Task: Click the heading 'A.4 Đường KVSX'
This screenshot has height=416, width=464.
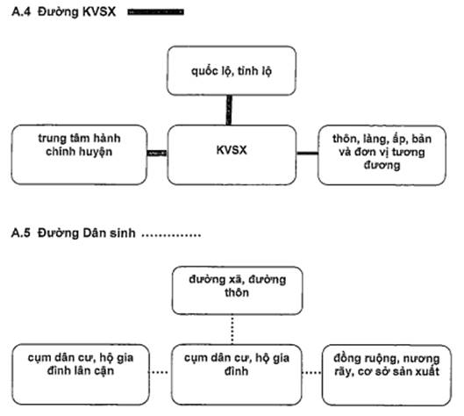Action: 64,11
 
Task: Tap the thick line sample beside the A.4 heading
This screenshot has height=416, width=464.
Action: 155,11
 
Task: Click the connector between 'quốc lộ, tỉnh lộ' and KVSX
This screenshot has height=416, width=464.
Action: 229,111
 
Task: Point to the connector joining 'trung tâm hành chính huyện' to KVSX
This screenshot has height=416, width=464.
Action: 157,153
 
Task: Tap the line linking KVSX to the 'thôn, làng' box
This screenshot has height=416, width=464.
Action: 307,153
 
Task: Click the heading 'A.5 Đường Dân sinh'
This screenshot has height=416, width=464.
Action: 74,233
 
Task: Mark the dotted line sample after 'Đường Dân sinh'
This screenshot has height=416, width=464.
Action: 171,236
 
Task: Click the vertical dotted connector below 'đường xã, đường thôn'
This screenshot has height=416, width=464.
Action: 232,329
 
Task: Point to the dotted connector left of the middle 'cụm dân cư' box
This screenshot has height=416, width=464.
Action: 160,372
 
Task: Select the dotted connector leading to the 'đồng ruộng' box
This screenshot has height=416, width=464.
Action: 312,372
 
